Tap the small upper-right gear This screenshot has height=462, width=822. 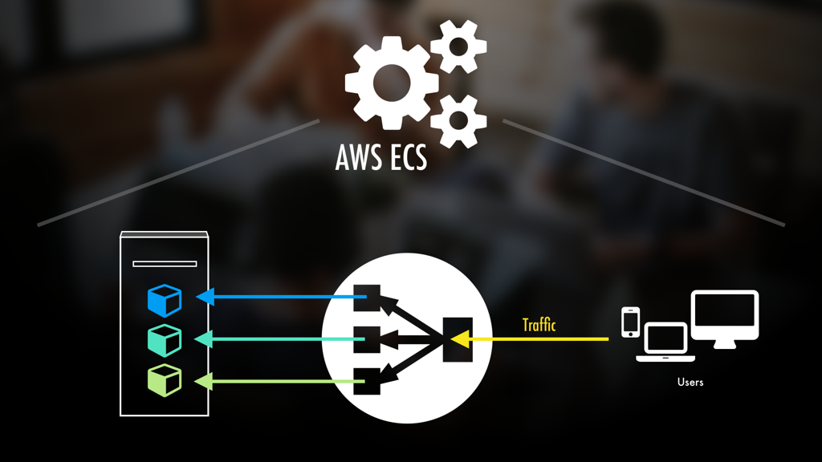458,47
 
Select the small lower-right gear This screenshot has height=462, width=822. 458,121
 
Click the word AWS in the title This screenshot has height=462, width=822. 359,158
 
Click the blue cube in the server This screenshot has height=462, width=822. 165,300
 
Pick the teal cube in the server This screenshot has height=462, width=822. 165,340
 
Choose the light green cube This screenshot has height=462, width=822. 165,380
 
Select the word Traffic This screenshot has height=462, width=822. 539,325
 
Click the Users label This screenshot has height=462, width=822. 690,382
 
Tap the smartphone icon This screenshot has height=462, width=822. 631,322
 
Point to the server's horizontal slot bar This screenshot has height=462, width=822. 165,263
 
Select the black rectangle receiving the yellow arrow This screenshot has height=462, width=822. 458,338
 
